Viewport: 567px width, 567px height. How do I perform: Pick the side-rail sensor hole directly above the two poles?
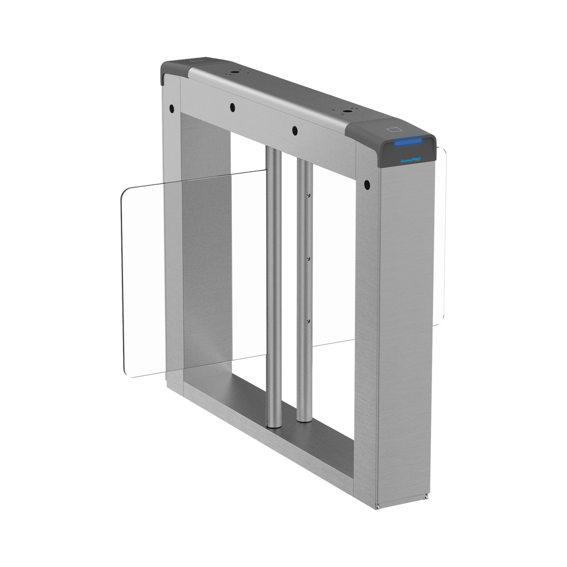pyautogui.click(x=294, y=131)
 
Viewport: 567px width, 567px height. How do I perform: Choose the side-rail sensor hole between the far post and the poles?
pyautogui.click(x=232, y=106)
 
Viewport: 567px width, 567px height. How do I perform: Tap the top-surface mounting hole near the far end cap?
pyautogui.click(x=233, y=74)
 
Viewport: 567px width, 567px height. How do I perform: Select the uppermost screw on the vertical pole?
pyautogui.click(x=308, y=196)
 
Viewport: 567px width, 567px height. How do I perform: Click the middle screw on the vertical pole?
pyautogui.click(x=308, y=258)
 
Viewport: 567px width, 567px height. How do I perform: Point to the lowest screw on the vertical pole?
pyautogui.click(x=308, y=321)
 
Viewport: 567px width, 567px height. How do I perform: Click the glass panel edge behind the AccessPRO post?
pyautogui.click(x=441, y=238)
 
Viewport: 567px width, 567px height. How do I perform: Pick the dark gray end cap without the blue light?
pyautogui.click(x=174, y=68)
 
